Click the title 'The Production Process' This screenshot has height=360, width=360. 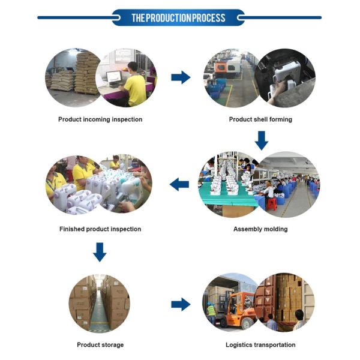[x=179, y=17]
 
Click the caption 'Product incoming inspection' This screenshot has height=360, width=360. [x=100, y=119]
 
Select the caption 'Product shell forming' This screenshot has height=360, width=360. [x=260, y=119]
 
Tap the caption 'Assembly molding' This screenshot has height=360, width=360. [x=260, y=229]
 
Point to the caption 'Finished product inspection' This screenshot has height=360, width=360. [x=100, y=229]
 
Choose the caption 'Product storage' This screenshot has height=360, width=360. [x=100, y=345]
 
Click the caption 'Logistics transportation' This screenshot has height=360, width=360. [x=260, y=345]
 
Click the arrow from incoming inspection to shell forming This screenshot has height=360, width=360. [x=181, y=77]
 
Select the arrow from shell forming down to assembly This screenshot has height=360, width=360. [x=261, y=141]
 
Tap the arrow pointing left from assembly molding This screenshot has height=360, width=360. [x=179, y=184]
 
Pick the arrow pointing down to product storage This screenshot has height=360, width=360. [x=100, y=252]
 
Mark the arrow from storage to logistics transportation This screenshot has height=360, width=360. [x=181, y=304]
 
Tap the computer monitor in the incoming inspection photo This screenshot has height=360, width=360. [x=113, y=77]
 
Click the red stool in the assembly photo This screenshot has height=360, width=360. [x=271, y=203]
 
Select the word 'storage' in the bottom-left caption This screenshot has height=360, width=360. [x=112, y=345]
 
